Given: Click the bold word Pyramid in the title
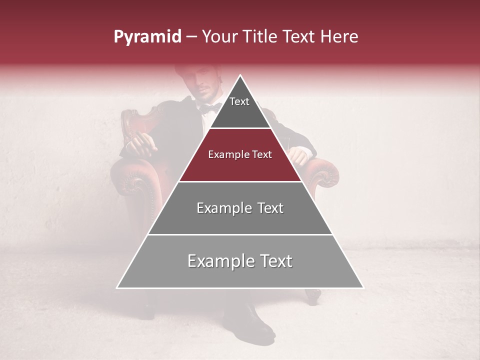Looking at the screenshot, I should [147, 37].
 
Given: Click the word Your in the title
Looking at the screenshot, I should [218, 36].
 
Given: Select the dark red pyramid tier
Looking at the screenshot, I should [240, 155].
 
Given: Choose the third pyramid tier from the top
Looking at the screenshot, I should [240, 208].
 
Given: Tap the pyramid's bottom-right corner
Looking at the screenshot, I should [362, 287].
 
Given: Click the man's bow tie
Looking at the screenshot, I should [209, 107].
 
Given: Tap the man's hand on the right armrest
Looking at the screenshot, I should [298, 155].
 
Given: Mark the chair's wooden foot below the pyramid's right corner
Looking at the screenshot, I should [313, 296].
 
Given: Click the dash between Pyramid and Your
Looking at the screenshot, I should [191, 37].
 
